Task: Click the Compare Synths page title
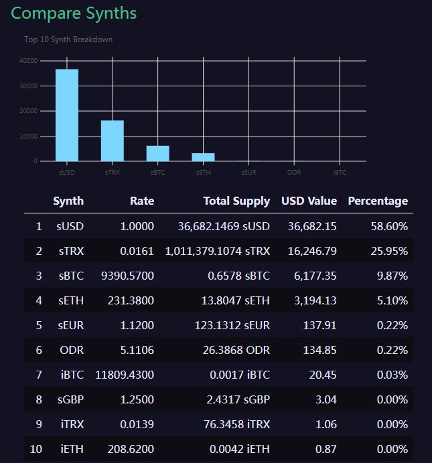point(74,13)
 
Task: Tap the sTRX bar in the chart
point(113,141)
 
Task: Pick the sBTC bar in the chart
point(158,153)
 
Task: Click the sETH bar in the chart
point(204,157)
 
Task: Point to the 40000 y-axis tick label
point(29,61)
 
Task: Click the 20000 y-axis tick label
point(29,111)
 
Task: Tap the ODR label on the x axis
point(294,173)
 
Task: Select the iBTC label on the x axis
point(340,173)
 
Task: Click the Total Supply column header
point(236,201)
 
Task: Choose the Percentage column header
point(378,201)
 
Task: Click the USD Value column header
point(309,201)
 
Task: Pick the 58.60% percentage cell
point(389,226)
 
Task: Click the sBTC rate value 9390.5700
point(125,276)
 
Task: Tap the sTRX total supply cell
point(218,251)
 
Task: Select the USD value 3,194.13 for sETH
point(315,300)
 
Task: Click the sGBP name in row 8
point(70,399)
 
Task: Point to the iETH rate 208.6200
point(131,449)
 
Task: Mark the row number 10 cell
point(36,449)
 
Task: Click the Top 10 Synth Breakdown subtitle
point(68,39)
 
